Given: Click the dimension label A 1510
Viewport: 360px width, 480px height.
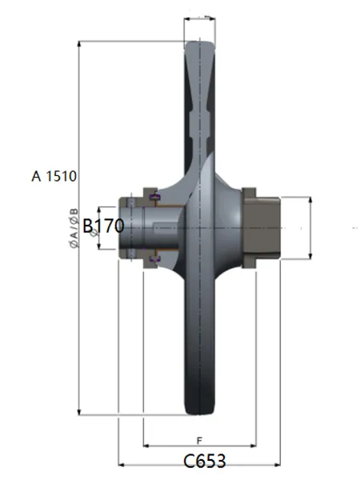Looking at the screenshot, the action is [x=54, y=176].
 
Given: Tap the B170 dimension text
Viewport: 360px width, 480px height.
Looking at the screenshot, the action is [x=103, y=226].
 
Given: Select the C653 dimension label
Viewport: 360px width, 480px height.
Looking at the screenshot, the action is [x=205, y=461].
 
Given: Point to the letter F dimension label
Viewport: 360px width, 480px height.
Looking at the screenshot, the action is [x=199, y=441].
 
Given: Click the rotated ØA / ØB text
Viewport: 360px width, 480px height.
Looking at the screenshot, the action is [x=74, y=228].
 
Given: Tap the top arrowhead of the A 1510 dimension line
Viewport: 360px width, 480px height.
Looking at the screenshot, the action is [x=79, y=43].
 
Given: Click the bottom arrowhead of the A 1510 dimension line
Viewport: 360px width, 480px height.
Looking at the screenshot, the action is [x=79, y=412].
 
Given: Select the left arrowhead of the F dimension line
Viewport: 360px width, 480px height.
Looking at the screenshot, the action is [x=146, y=446].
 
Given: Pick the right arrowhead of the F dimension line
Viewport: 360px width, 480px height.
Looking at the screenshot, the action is [x=253, y=446].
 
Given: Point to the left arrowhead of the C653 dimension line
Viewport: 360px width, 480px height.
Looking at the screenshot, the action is [x=122, y=465].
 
